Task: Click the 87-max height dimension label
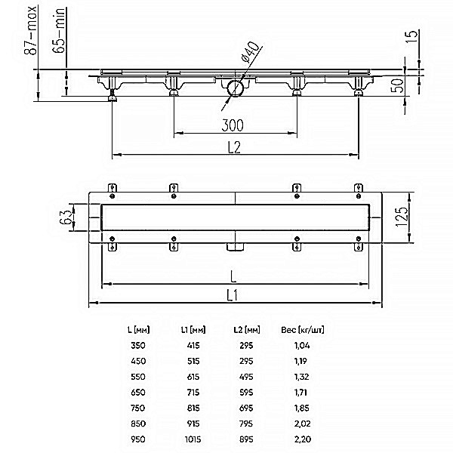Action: point(30,30)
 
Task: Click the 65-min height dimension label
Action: point(59,30)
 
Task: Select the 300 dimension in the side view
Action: point(233,125)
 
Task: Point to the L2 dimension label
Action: point(234,147)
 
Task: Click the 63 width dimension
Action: point(66,217)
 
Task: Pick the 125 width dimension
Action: point(402,217)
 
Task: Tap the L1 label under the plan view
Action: point(233,295)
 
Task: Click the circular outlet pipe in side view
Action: point(235,88)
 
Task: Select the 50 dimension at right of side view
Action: point(397,85)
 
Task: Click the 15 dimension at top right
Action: point(411,36)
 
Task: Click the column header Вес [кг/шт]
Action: point(303,330)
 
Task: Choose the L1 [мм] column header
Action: point(193,330)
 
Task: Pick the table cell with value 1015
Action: point(193,439)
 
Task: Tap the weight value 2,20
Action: point(303,439)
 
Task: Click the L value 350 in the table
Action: point(138,345)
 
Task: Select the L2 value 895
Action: point(246,439)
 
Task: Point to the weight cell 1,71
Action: point(300,393)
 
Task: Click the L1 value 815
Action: point(193,408)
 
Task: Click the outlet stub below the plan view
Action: point(235,247)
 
